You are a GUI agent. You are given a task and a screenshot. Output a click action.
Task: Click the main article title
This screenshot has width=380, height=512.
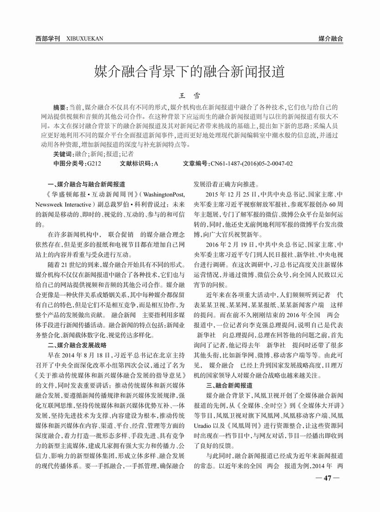189,72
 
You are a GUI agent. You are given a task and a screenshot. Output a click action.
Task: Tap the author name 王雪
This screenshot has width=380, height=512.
190,97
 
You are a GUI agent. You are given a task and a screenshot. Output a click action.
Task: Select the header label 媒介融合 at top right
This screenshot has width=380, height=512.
331,39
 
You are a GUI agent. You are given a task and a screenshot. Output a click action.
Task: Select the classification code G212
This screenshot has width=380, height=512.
94,163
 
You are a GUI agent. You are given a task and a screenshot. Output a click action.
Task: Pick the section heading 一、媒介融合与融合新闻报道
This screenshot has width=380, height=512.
86,185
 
